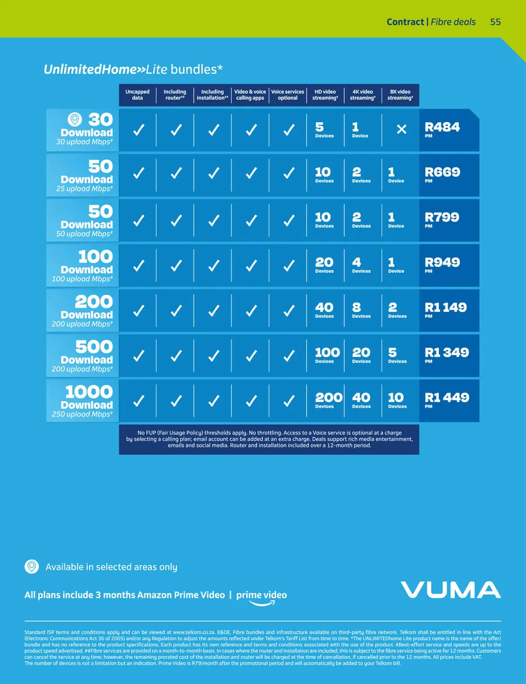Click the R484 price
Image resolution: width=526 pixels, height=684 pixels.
point(442,127)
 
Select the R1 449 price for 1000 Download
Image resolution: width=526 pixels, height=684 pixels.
point(447,398)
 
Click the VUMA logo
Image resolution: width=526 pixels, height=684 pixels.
point(451,589)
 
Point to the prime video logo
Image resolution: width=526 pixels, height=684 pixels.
point(261,596)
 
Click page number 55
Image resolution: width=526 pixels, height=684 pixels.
point(496,22)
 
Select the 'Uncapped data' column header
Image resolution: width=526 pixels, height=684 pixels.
point(137,95)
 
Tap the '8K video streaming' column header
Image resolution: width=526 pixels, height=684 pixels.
point(400,95)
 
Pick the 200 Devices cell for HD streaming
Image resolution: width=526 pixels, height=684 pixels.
point(328,400)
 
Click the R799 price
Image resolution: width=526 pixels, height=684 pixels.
point(442,218)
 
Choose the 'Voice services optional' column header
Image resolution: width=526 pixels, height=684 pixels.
point(288,95)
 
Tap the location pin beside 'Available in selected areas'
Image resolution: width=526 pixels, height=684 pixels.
point(32,567)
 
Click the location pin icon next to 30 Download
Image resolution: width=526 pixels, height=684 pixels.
point(75,120)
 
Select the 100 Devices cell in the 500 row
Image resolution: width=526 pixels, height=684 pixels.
point(327,355)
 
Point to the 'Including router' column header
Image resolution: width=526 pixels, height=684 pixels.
point(175,95)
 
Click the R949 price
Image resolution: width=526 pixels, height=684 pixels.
point(442,263)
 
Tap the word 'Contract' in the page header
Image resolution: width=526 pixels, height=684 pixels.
point(405,22)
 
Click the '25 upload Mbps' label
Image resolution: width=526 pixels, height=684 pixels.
point(84,189)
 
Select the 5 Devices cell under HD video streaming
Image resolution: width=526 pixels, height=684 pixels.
point(324,130)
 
